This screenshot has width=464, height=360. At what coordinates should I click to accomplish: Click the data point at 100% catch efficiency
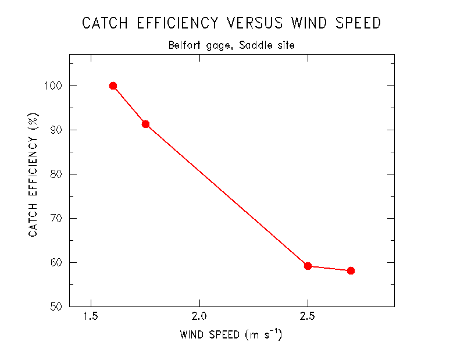point(113,85)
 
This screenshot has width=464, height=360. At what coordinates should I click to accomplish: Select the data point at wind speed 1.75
point(145,124)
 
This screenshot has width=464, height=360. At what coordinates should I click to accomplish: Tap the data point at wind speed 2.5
point(308,266)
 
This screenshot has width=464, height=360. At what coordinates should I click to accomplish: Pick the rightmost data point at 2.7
point(351,270)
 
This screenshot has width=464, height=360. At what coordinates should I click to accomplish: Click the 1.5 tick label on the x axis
point(91,318)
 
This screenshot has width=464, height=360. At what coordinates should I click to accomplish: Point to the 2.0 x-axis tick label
point(199,318)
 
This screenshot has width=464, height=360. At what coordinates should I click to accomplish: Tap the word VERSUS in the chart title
point(254,23)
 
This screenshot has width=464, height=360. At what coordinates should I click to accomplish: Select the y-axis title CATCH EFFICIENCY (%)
point(34,174)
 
